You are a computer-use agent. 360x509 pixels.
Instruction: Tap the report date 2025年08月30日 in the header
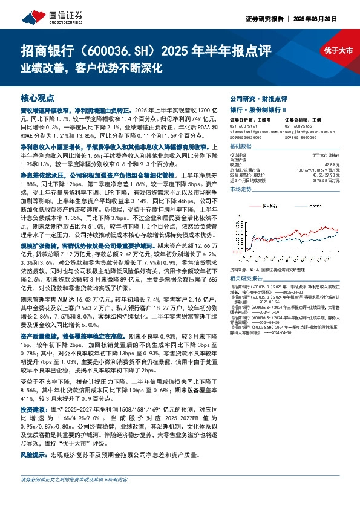click(x=325, y=18)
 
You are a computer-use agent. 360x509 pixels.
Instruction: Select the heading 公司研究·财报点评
click(x=254, y=98)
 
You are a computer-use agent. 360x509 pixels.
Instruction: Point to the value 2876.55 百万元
click(x=337, y=180)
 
